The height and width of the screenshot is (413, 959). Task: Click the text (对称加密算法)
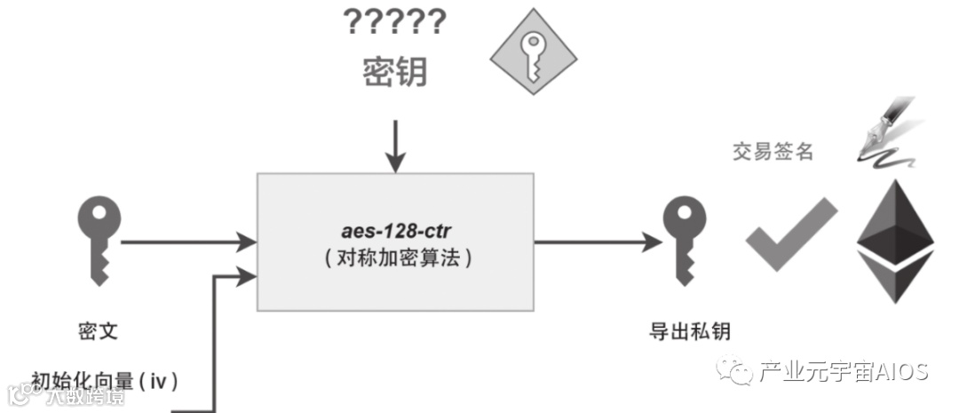395,259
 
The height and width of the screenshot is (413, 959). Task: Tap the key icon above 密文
98,239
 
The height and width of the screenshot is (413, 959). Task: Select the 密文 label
98,332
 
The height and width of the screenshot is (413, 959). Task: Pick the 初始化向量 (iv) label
106,381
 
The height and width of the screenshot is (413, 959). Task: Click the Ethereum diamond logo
895,241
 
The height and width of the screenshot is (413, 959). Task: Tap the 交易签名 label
773,152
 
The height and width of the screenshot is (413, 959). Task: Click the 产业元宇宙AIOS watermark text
843,370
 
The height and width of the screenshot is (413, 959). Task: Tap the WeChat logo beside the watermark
735,369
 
